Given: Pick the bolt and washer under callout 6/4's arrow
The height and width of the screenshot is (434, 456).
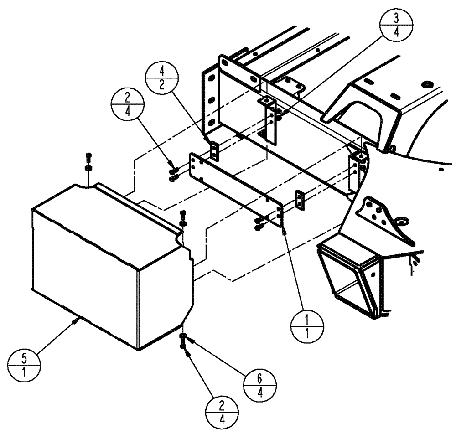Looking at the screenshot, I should [184, 340].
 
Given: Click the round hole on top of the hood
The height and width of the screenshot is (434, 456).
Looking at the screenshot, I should [427, 84].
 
